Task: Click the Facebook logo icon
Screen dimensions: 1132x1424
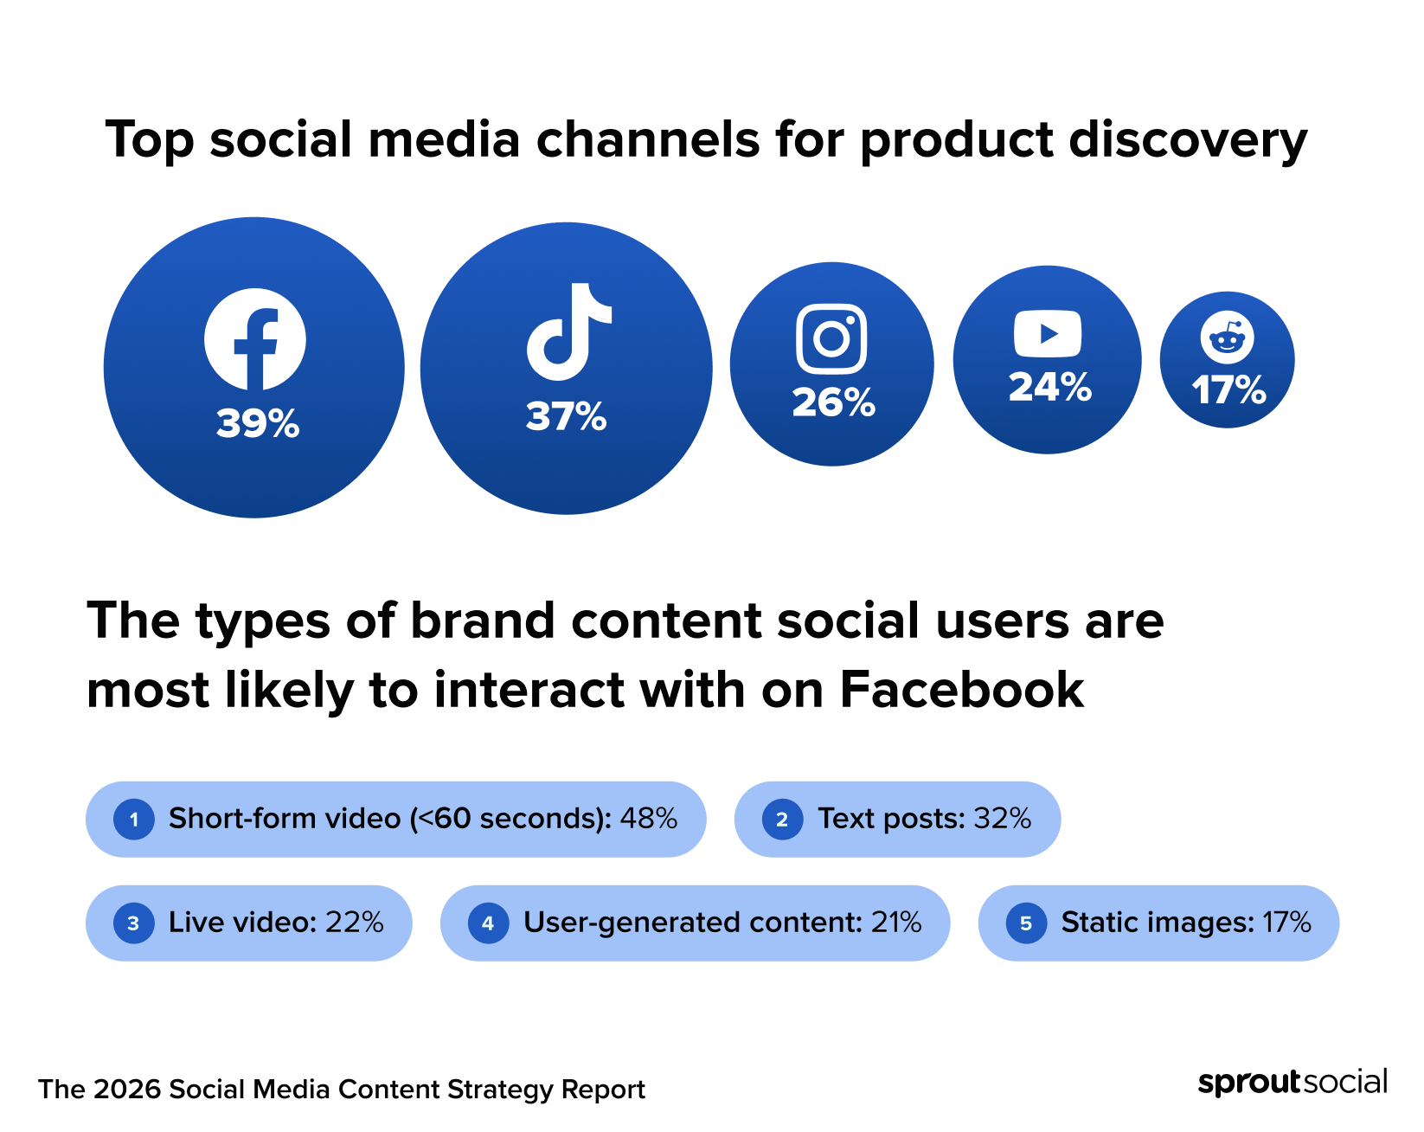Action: tap(254, 338)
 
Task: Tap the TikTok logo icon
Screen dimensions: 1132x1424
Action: tap(568, 331)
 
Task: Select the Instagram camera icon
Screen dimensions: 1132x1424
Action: tap(831, 338)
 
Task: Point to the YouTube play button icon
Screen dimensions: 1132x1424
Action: tap(1048, 333)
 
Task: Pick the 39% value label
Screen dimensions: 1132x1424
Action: tap(258, 424)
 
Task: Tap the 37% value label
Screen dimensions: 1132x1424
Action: tap(567, 416)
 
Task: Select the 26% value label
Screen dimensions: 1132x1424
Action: tap(833, 402)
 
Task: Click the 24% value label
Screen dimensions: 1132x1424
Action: tap(1049, 387)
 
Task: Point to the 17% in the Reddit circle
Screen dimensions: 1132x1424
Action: tap(1228, 390)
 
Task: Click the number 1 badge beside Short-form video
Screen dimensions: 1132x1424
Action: tap(134, 819)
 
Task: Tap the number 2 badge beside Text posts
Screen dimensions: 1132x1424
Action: tap(782, 819)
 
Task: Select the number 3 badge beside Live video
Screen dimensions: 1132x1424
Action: tap(134, 923)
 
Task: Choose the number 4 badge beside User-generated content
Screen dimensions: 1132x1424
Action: tap(488, 923)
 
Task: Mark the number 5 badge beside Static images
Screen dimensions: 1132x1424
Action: tap(1026, 923)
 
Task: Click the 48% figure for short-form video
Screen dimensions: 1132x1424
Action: tap(648, 818)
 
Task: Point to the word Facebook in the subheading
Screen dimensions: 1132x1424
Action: tap(961, 690)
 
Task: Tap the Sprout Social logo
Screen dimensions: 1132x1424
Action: tap(1293, 1082)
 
